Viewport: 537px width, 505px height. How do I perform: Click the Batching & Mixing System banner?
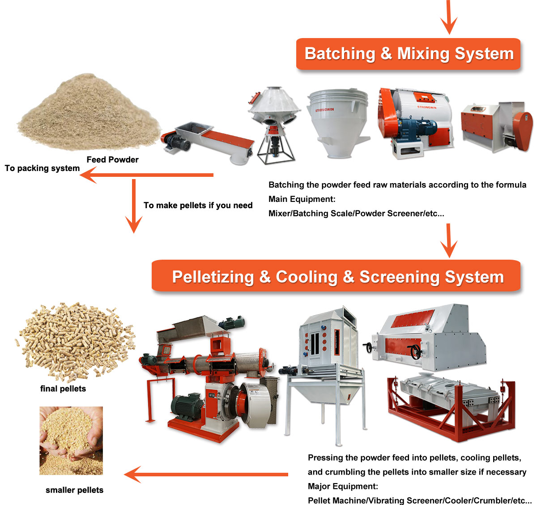[x=408, y=54]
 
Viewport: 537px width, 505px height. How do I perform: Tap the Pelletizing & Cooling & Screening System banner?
[x=337, y=277]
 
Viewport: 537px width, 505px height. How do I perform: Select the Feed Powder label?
[x=112, y=160]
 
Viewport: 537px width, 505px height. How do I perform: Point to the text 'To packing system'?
[x=42, y=168]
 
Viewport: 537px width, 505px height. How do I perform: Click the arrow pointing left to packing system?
[x=148, y=175]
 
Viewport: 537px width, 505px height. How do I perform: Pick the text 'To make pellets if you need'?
[x=198, y=205]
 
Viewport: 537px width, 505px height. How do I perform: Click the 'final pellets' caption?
[x=63, y=389]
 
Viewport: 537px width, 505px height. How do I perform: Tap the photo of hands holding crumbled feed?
[x=71, y=441]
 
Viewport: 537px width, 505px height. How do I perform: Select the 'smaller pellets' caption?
[x=74, y=490]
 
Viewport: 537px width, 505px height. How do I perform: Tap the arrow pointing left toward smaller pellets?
[x=206, y=475]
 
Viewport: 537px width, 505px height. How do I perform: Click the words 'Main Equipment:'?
[x=302, y=199]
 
